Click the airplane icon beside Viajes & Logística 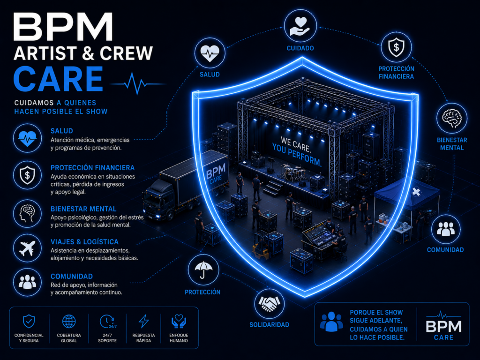pyautogui.click(x=27, y=248)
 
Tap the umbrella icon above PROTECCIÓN pyautogui.click(x=203, y=270)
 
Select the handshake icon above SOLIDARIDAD pyautogui.click(x=269, y=304)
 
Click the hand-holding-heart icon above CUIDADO pyautogui.click(x=300, y=26)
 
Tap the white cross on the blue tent pyautogui.click(x=416, y=192)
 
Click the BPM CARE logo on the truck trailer pyautogui.click(x=216, y=173)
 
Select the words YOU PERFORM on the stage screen pyautogui.click(x=297, y=155)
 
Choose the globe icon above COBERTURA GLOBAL pyautogui.click(x=69, y=322)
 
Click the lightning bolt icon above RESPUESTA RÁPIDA pyautogui.click(x=143, y=321)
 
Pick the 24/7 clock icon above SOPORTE pyautogui.click(x=107, y=322)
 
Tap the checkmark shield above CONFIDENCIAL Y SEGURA pyautogui.click(x=29, y=321)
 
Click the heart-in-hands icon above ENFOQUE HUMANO pyautogui.click(x=179, y=322)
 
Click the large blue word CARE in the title pyautogui.click(x=58, y=79)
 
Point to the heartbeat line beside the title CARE pyautogui.click(x=138, y=83)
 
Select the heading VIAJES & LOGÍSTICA pyautogui.click(x=84, y=242)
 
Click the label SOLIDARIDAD pyautogui.click(x=270, y=325)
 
